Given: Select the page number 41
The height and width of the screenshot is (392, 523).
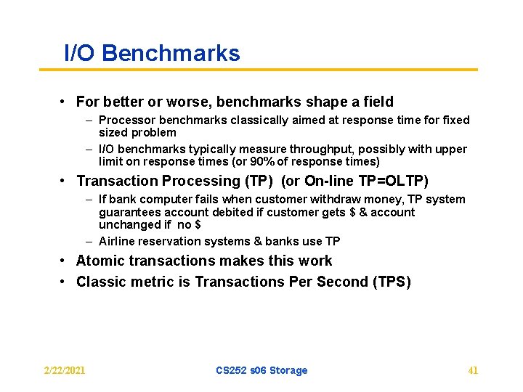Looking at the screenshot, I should (473, 370).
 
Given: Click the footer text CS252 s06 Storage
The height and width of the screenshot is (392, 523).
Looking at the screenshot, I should (261, 370).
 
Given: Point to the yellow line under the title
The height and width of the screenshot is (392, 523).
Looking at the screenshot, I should (258, 70).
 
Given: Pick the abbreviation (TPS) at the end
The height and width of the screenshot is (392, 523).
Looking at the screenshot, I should (392, 282).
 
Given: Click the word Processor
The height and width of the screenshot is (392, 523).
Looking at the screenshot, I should (126, 120).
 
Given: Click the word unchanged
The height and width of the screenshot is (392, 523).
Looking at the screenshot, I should (126, 224).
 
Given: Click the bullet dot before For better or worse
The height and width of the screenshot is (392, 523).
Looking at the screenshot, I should (65, 102).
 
